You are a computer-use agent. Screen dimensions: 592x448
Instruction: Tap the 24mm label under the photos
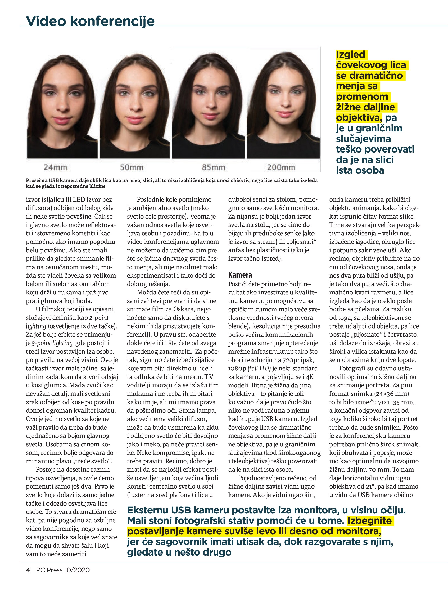tap(55, 167)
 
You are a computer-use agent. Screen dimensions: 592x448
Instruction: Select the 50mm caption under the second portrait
tap(132, 167)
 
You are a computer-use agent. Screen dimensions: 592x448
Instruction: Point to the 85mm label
tap(214, 167)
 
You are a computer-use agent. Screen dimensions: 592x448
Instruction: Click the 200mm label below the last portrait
tap(281, 167)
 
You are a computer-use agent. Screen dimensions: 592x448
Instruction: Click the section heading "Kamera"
tap(240, 275)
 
